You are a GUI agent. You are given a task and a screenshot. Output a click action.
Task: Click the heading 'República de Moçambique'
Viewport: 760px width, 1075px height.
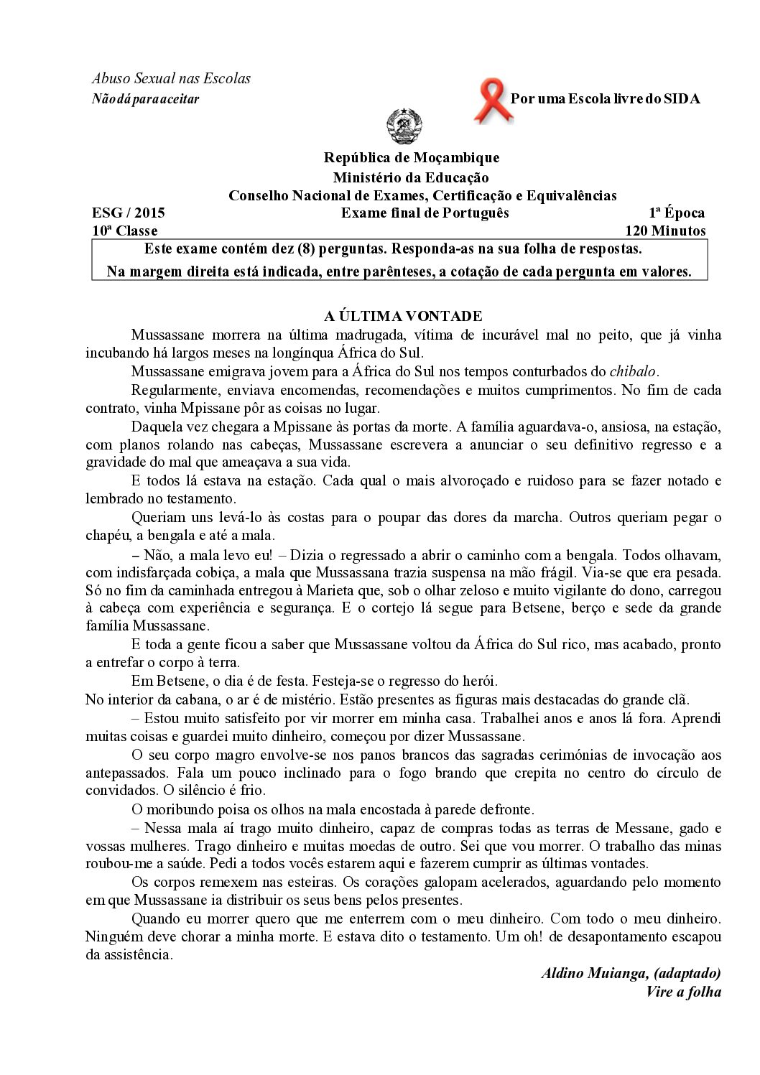tap(411, 157)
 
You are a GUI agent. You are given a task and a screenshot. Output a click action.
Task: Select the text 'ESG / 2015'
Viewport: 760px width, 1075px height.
tap(129, 213)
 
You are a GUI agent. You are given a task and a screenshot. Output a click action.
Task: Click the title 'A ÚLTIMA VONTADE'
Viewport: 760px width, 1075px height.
tap(404, 316)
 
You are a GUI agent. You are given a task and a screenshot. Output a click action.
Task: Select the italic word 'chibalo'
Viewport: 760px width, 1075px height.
tap(632, 371)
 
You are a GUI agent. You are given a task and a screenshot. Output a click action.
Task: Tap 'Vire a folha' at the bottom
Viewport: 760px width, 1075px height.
tap(683, 992)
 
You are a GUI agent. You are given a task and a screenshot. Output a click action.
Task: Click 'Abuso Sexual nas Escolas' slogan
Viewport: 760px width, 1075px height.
tap(171, 78)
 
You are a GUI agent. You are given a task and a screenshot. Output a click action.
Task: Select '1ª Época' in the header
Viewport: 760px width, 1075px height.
tap(677, 213)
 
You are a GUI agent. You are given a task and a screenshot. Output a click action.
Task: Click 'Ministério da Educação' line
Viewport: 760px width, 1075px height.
tap(410, 177)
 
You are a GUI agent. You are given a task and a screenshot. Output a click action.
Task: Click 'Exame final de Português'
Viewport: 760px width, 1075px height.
tap(425, 213)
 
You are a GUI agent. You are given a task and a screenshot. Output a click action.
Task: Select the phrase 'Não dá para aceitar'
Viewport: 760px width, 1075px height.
tap(146, 99)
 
